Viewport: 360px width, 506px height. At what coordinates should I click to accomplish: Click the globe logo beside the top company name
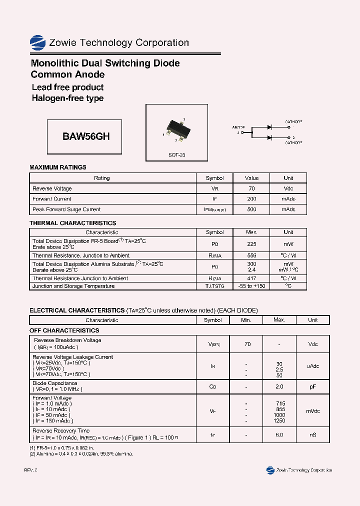click(x=37, y=42)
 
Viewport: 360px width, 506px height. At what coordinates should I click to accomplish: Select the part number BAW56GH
click(x=86, y=136)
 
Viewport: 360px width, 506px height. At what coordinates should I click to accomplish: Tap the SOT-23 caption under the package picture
click(x=176, y=155)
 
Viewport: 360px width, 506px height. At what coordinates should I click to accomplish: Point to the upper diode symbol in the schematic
click(x=269, y=127)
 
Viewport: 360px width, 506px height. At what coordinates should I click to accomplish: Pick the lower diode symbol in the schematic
click(x=269, y=137)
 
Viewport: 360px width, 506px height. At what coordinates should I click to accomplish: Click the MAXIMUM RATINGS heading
click(x=58, y=167)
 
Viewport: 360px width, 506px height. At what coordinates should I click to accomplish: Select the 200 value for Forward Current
click(x=251, y=198)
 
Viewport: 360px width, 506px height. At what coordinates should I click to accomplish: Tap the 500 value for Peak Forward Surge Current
click(x=251, y=209)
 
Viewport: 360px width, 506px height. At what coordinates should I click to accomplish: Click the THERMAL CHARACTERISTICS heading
click(x=72, y=223)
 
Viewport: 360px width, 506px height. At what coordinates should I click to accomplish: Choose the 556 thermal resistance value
click(x=251, y=255)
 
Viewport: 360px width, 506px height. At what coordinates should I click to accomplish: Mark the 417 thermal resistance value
click(x=251, y=278)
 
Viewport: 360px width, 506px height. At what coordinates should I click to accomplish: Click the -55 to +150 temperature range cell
click(x=251, y=286)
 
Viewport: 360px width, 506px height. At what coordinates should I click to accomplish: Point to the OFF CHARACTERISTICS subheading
click(x=64, y=330)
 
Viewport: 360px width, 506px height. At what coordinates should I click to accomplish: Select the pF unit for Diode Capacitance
click(x=312, y=386)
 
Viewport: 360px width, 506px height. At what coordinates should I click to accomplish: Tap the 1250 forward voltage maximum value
click(x=279, y=421)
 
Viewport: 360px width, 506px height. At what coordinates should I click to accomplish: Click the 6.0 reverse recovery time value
click(x=279, y=435)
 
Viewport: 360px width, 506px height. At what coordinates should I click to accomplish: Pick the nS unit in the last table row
click(x=312, y=435)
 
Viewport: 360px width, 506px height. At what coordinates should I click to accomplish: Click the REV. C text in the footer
click(x=30, y=470)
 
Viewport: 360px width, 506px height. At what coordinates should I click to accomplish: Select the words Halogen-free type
click(x=67, y=98)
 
